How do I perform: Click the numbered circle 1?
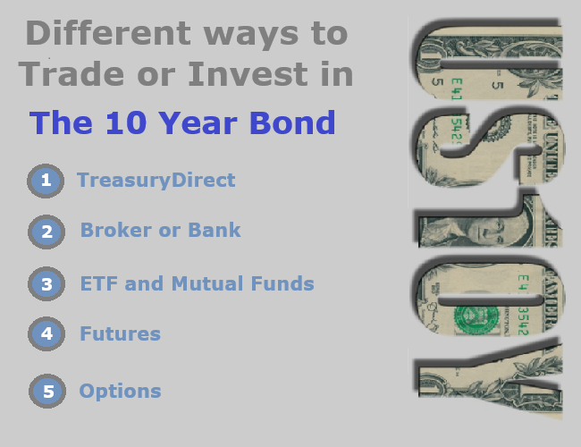pos(46,181)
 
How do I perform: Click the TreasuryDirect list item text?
pos(156,181)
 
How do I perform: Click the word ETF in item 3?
pos(99,284)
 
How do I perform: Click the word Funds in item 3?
pos(282,284)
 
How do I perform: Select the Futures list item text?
pos(120,334)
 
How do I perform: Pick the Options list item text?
pos(120,392)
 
